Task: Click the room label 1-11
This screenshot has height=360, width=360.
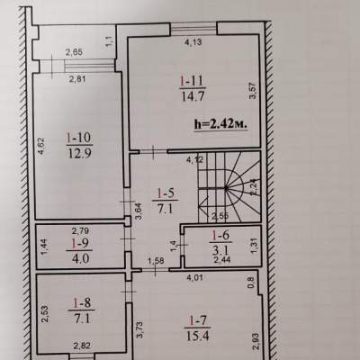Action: click(192, 81)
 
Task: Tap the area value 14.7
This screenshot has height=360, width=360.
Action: click(193, 97)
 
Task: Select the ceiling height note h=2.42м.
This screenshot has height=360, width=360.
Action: click(221, 123)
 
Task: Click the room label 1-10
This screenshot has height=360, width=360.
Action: click(79, 138)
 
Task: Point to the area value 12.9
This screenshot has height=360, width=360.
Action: click(80, 154)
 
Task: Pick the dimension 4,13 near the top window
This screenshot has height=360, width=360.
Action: click(193, 42)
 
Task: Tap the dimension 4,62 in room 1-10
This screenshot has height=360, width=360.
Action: click(41, 146)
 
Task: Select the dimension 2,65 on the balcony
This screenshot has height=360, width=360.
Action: click(74, 52)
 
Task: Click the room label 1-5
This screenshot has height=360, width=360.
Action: click(166, 193)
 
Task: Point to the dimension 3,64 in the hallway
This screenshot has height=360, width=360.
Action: click(139, 211)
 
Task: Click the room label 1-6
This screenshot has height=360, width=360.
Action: click(220, 235)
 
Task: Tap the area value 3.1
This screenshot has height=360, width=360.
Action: click(221, 249)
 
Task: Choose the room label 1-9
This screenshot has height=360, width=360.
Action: click(79, 244)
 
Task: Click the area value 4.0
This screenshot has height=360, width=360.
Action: click(80, 258)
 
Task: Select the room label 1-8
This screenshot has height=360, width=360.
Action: click(82, 303)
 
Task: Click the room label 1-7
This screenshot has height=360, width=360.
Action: click(198, 320)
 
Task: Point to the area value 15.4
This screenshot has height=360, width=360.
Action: click(198, 336)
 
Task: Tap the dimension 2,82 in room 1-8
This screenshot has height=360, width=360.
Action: click(82, 346)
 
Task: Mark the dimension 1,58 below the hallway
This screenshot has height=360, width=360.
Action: click(156, 261)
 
